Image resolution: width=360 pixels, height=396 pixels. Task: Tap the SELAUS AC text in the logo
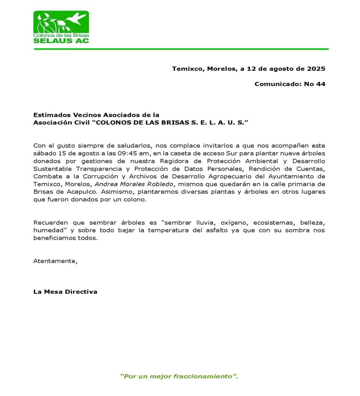61,40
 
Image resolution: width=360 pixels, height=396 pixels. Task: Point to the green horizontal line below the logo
181,49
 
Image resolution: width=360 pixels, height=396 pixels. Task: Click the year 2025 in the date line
316,69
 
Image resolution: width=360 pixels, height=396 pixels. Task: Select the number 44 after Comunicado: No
321,84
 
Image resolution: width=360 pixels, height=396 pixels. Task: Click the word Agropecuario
223,176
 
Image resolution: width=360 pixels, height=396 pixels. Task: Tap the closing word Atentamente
55,261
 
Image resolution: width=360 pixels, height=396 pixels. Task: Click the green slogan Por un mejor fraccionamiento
179,376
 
